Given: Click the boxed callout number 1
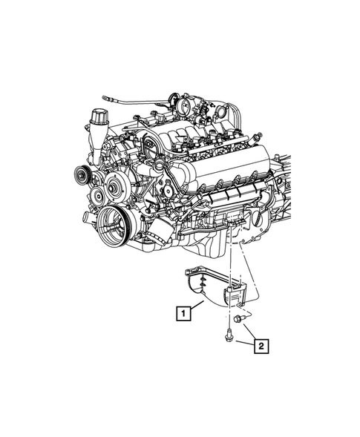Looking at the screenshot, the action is point(183,313).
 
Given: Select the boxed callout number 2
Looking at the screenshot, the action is point(261,346).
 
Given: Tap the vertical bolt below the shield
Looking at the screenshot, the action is point(229,335).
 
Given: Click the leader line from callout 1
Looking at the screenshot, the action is point(197,305).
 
